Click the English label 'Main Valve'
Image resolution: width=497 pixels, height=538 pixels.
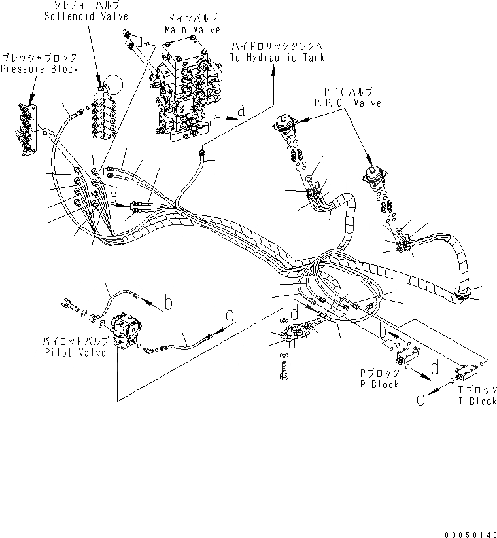(x=192, y=30)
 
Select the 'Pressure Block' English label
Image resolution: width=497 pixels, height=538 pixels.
(x=40, y=69)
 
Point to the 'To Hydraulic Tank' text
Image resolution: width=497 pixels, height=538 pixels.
(x=277, y=58)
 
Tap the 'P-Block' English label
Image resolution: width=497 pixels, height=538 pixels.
(x=379, y=384)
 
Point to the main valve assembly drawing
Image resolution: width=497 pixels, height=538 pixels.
(x=186, y=92)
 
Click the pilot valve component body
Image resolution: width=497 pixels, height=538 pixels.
(x=126, y=327)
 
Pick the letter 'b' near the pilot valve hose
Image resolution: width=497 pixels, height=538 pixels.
(x=168, y=302)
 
